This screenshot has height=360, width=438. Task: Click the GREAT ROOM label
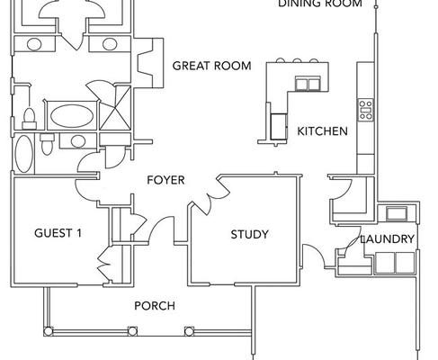(211, 66)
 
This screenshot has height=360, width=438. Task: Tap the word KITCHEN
(322, 131)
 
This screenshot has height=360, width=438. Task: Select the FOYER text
(165, 180)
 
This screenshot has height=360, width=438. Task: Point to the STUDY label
(249, 234)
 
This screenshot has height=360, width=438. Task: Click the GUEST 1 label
(58, 233)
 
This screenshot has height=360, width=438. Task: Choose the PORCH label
(155, 306)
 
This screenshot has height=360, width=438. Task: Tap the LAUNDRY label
(388, 239)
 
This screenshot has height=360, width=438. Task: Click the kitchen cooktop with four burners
(366, 110)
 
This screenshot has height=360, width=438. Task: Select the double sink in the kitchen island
(308, 83)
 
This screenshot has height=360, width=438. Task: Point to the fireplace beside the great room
(150, 62)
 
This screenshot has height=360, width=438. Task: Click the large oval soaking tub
(72, 115)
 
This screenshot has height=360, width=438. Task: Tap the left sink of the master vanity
(34, 44)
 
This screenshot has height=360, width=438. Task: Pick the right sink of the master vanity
(110, 44)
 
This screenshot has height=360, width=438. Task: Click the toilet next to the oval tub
(30, 119)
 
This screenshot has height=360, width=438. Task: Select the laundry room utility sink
(397, 213)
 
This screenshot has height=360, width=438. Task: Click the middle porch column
(132, 331)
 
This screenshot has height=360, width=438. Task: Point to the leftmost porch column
(48, 331)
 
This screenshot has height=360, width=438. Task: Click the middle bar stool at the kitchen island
(297, 60)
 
